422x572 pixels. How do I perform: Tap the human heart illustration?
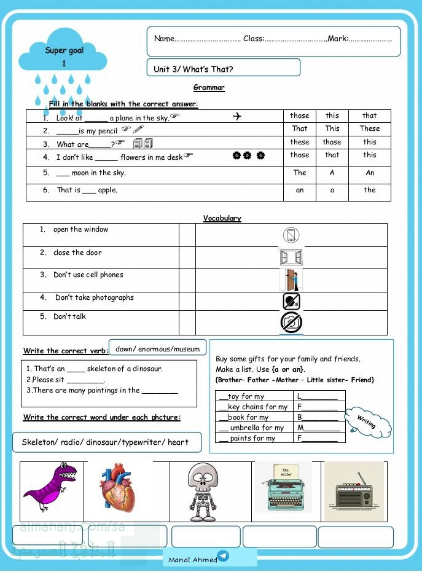point(119,488)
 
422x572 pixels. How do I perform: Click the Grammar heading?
point(209,88)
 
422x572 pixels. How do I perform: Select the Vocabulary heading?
point(222,218)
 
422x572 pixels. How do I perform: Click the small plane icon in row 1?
point(238,117)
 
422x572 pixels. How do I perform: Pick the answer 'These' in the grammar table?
point(369,128)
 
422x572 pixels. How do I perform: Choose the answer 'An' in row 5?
point(369,173)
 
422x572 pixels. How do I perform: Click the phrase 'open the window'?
point(80,230)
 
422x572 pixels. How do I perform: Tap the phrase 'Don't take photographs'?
point(94,297)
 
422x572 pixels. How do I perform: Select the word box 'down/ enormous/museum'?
point(157,348)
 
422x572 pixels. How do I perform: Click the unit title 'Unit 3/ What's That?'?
point(193,69)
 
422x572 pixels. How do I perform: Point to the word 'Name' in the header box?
point(164,39)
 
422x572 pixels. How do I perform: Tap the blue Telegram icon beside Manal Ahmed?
point(223,556)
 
